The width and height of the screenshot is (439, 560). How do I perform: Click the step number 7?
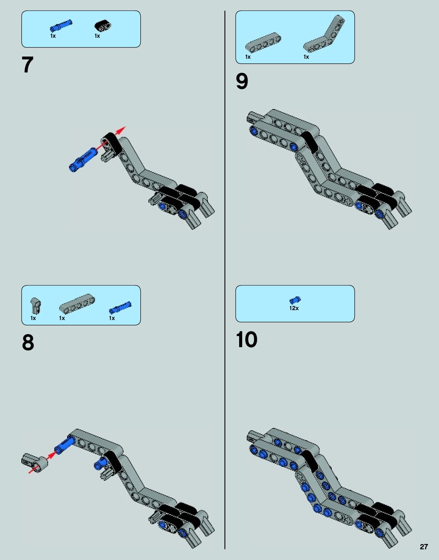(27, 65)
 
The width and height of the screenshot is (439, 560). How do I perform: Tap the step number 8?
(28, 343)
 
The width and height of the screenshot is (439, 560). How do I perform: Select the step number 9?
(242, 81)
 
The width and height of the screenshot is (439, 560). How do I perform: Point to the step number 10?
(246, 340)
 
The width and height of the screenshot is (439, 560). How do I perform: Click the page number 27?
(424, 547)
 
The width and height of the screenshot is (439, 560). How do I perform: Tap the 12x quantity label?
(294, 308)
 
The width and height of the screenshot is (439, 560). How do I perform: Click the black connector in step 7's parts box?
(103, 26)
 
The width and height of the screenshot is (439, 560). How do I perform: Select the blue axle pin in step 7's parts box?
(61, 26)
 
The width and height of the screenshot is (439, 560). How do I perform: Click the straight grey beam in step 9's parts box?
(263, 43)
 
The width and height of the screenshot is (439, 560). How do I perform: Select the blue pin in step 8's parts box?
(120, 307)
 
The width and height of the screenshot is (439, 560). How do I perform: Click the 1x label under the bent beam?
(306, 57)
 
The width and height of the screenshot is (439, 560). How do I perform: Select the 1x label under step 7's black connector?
(97, 36)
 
